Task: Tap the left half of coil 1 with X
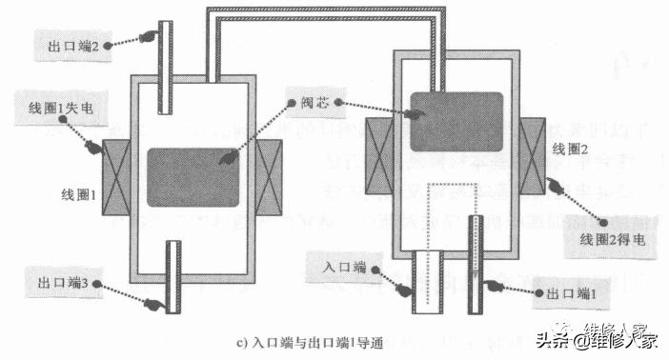[111, 176]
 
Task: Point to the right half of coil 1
[270, 176]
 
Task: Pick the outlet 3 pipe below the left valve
[172, 276]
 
